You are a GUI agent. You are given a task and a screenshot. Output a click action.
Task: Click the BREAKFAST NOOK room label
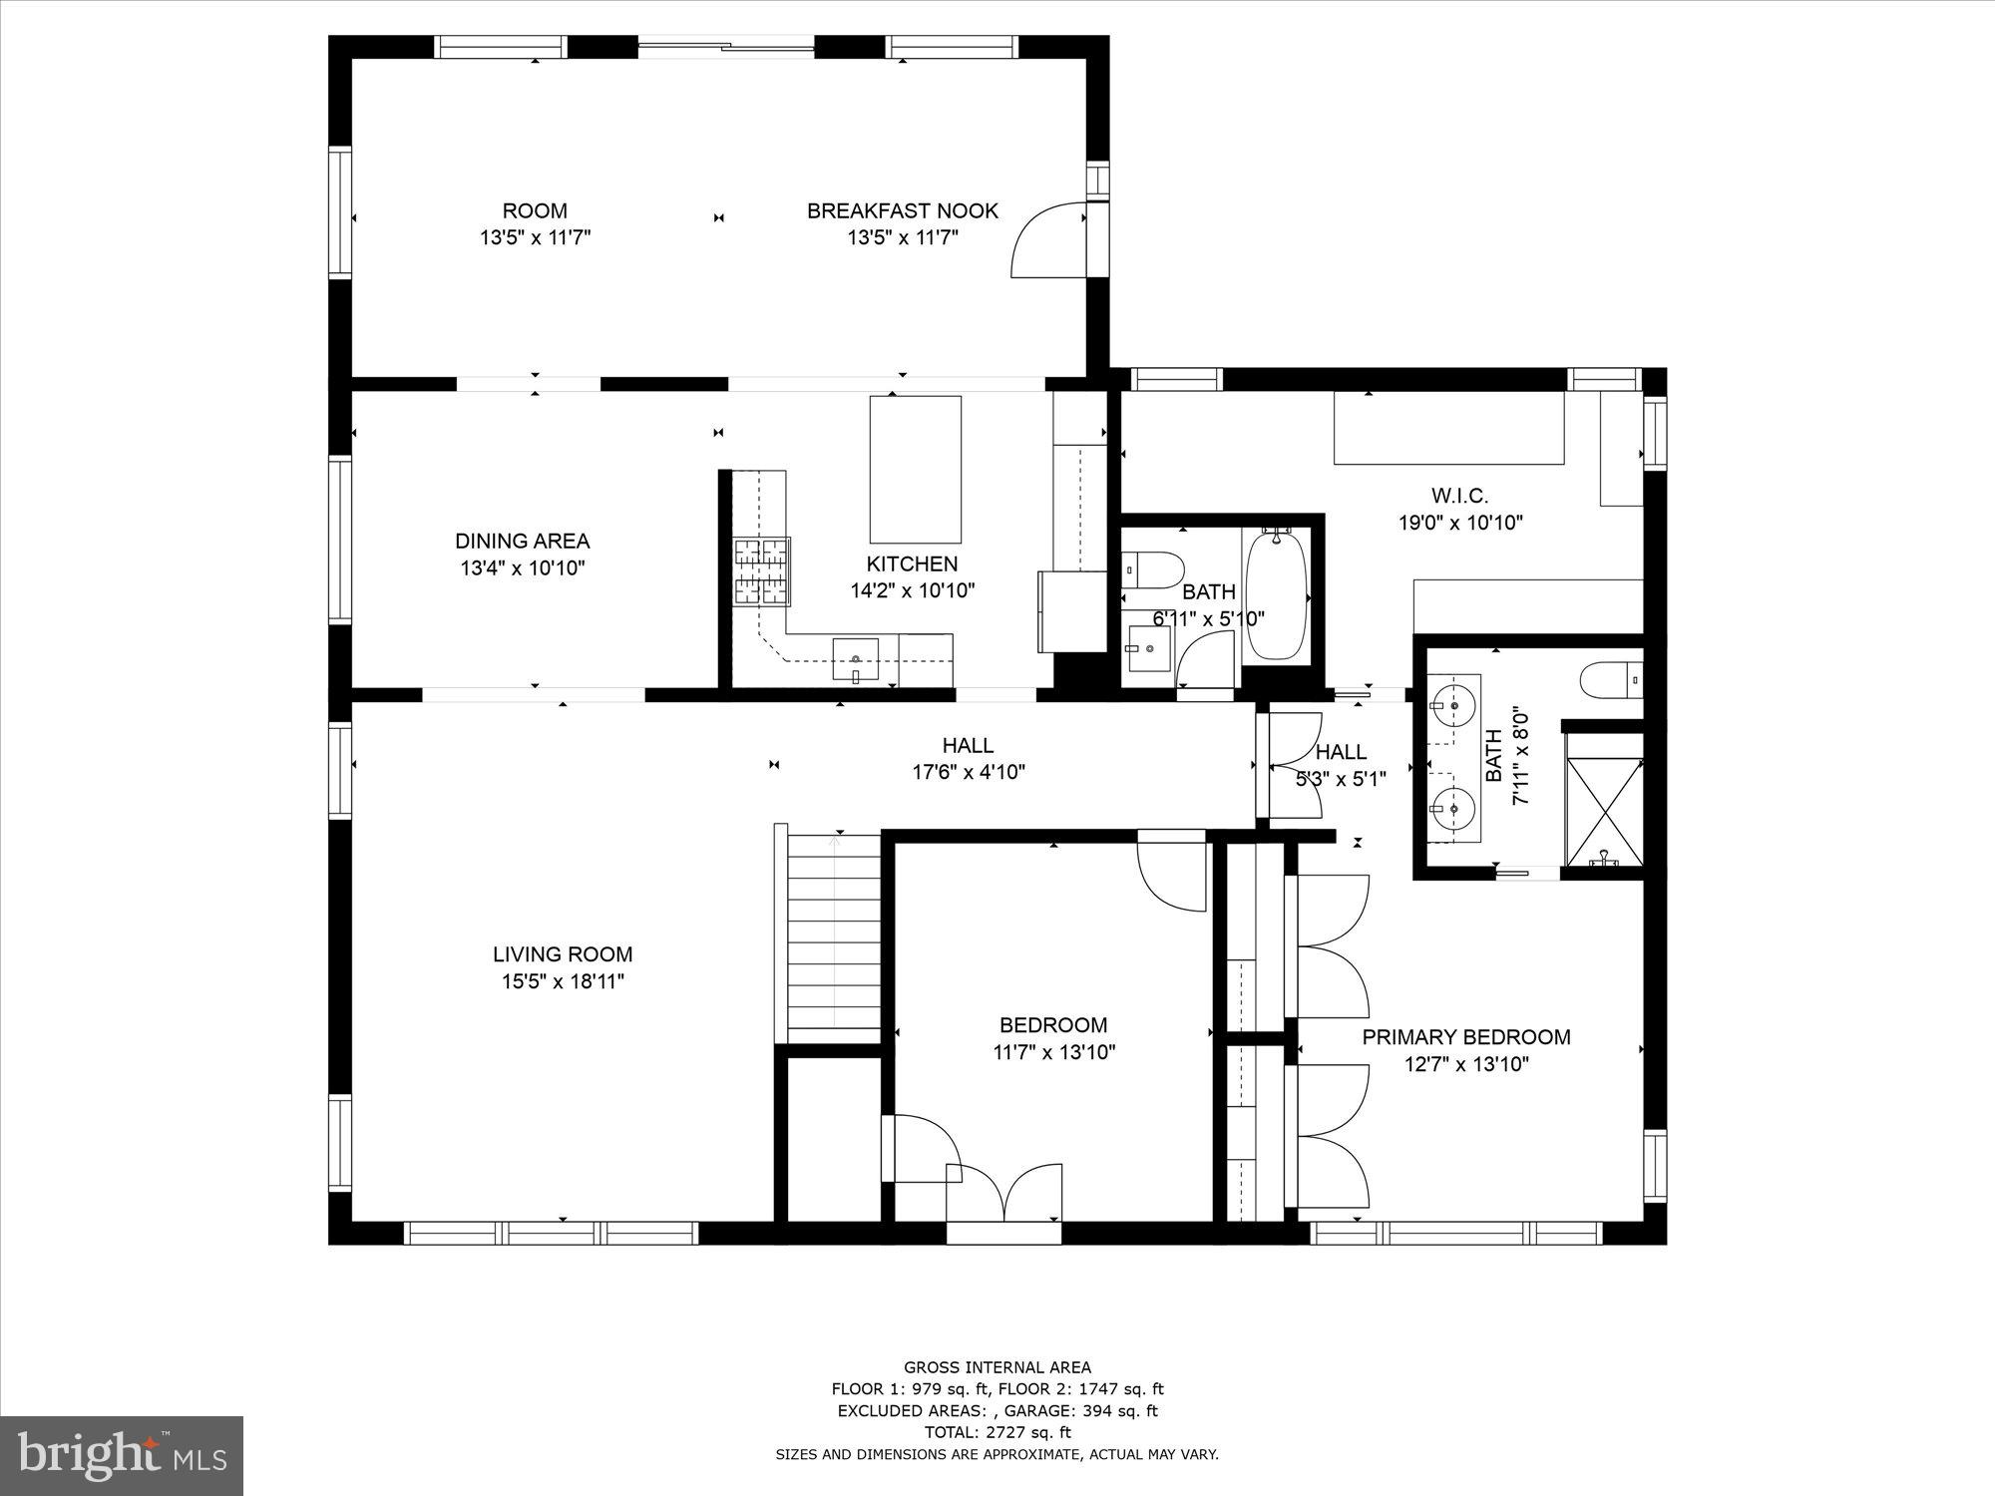point(902,210)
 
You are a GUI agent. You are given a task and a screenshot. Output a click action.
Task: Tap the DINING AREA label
point(522,541)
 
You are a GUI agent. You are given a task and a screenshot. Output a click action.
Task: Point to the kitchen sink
point(855,658)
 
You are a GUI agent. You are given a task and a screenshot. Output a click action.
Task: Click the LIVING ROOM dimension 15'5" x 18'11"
point(563,981)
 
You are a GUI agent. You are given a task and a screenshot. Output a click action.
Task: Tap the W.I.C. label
point(1459,496)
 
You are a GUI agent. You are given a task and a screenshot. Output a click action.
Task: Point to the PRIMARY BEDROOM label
point(1466,1037)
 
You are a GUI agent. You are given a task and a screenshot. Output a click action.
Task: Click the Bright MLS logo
point(122,1457)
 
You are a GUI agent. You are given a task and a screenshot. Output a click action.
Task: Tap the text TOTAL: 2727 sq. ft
point(997,1433)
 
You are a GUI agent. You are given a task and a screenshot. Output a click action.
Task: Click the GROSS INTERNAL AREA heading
point(997,1367)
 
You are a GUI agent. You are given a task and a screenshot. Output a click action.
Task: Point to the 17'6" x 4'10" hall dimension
point(969,772)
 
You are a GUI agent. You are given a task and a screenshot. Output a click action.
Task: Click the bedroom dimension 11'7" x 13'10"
point(1053,1051)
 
